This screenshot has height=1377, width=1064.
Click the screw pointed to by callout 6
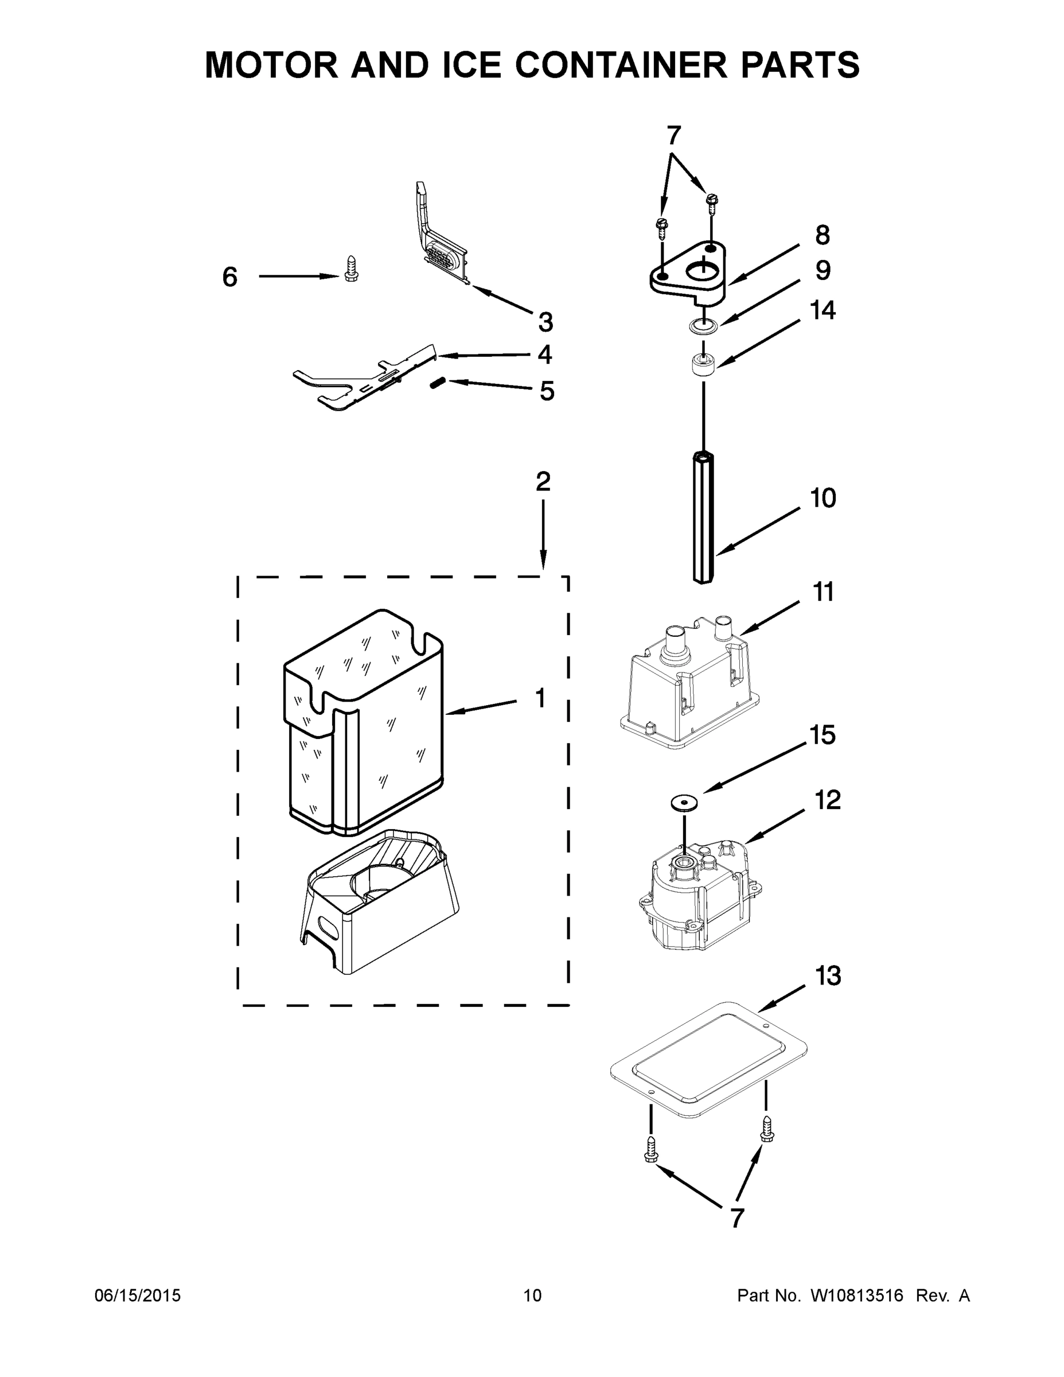click(351, 269)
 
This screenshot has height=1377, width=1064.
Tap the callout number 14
click(823, 310)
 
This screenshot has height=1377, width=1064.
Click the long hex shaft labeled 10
click(703, 517)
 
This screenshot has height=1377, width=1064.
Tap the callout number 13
click(828, 975)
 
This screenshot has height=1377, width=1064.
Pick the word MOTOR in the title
click(271, 65)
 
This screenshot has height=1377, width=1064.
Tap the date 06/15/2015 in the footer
click(138, 1296)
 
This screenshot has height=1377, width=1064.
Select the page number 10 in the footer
click(532, 1296)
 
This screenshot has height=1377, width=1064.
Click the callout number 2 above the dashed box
click(543, 483)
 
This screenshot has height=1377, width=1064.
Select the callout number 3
click(545, 322)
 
